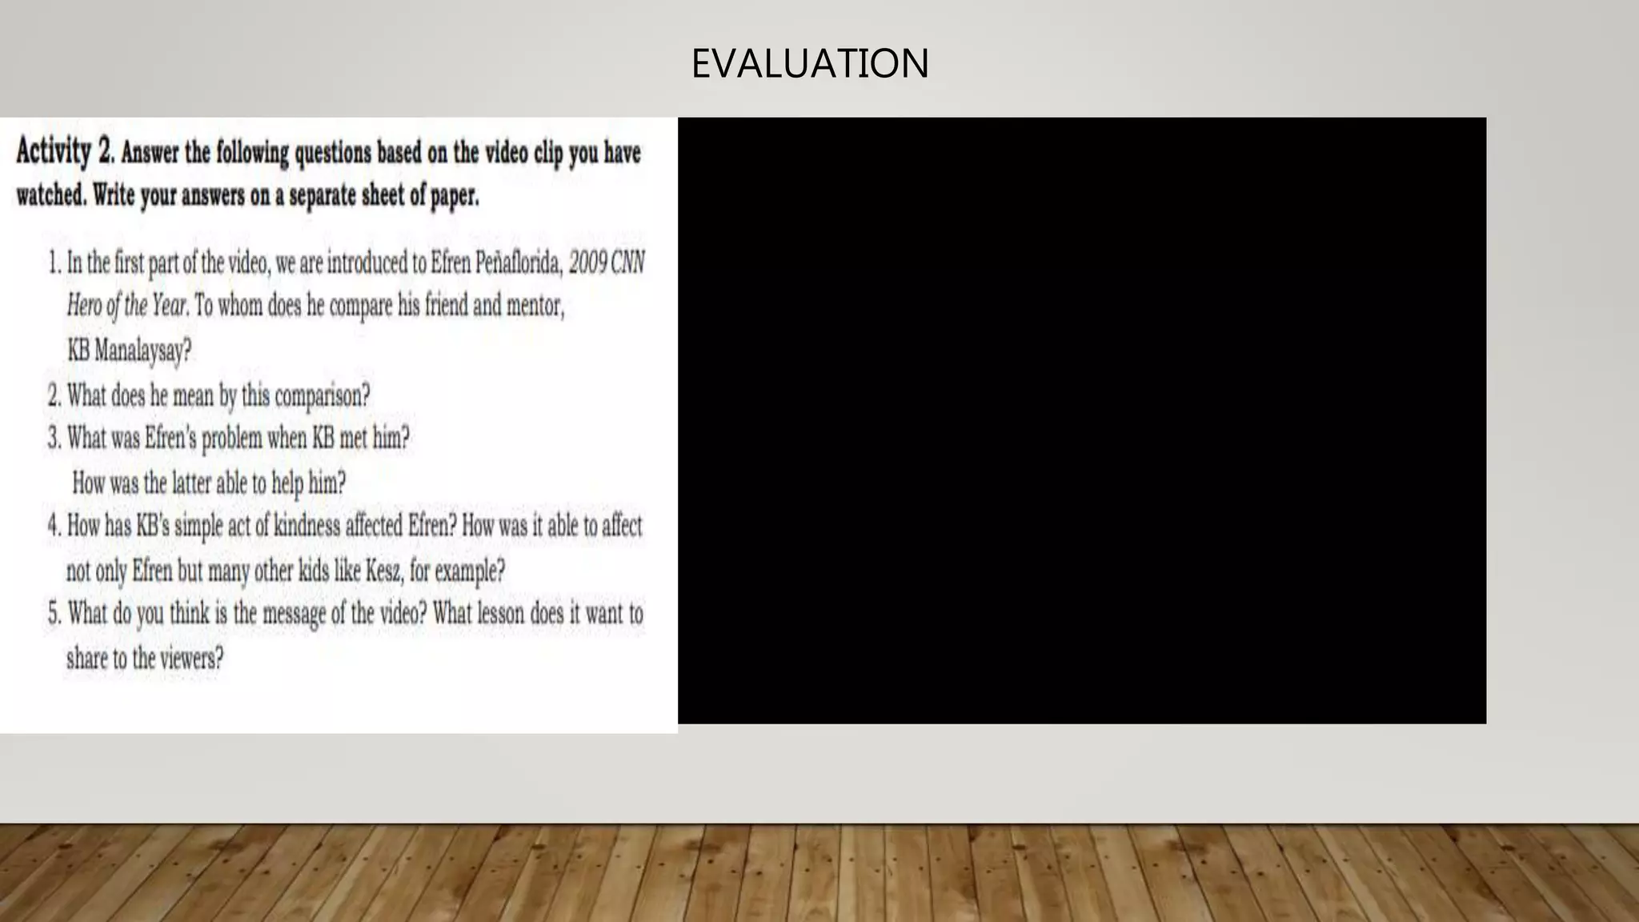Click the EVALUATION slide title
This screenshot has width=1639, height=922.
(809, 63)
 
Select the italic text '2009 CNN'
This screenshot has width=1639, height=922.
(607, 263)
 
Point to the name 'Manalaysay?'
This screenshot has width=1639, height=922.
(142, 351)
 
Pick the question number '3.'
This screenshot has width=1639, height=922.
(54, 439)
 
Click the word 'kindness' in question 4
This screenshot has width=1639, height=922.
(307, 526)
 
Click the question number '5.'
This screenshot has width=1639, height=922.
(54, 614)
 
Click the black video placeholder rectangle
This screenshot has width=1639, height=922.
(1081, 420)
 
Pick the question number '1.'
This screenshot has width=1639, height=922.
(54, 263)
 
